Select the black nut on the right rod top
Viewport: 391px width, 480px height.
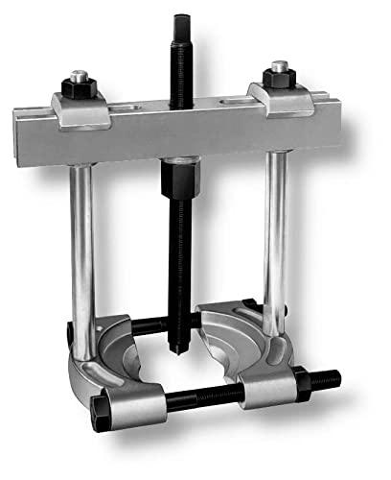click(279, 84)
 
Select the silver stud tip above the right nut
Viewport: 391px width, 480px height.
click(279, 68)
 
